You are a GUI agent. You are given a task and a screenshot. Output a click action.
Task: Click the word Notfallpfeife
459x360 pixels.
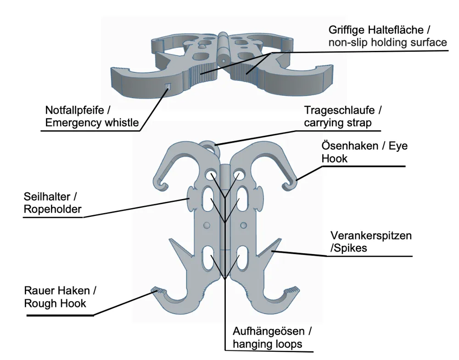coord(74,110)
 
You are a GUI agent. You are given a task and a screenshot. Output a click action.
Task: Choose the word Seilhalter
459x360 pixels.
coord(47,197)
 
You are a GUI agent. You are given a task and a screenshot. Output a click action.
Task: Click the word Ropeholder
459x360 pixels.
coord(53,210)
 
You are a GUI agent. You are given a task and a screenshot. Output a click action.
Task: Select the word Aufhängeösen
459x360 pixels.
coord(269,332)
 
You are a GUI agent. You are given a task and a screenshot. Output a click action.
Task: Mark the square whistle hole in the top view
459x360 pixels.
coord(168,87)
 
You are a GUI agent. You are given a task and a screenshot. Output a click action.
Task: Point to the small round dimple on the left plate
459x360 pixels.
coord(207,226)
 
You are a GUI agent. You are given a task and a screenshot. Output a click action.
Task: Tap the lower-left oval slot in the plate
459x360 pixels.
coord(207,258)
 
